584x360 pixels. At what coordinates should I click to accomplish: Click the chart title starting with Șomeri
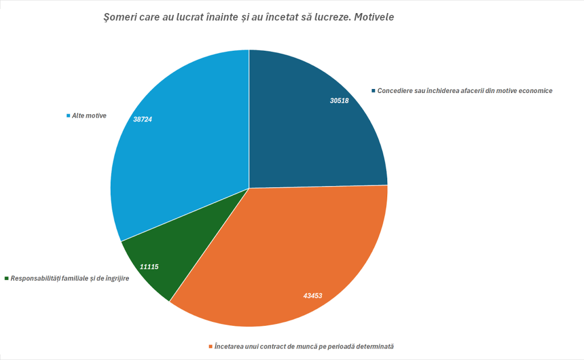point(249,18)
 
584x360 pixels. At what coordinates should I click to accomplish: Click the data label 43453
point(313,296)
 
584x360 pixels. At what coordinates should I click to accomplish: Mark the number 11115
point(149,266)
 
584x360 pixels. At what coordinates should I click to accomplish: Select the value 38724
point(143,120)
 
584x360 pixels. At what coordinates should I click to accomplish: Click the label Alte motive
point(89,116)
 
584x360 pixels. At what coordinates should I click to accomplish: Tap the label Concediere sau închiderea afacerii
point(465,91)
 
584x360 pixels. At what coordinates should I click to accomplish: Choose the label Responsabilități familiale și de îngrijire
point(69,278)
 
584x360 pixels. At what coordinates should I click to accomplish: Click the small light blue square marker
point(68,116)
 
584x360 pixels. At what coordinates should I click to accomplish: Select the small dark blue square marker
point(374,91)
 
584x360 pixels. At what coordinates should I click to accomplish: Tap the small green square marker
point(7,278)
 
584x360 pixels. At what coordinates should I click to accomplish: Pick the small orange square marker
point(210,346)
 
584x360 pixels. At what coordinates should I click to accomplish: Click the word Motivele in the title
point(374,18)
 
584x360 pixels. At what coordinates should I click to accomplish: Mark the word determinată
point(374,346)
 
